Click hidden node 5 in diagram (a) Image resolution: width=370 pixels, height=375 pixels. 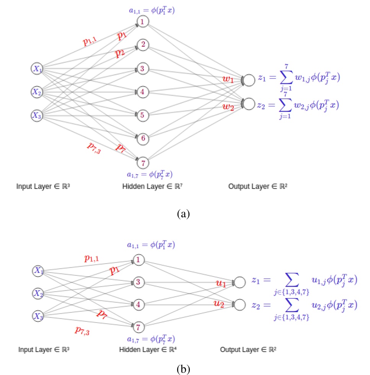(x=143, y=115)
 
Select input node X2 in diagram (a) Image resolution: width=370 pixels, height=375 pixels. (x=37, y=92)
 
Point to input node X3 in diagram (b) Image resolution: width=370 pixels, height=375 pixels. (x=38, y=316)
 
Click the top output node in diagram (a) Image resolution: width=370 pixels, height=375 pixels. (x=249, y=80)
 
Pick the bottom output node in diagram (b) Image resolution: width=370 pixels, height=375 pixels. (x=240, y=305)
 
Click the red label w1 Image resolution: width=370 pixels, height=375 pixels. (x=228, y=79)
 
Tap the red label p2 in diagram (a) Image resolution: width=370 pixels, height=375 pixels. (x=121, y=53)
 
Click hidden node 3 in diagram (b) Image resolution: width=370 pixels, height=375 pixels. (x=139, y=282)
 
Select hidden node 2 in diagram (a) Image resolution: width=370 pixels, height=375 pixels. (x=143, y=45)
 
